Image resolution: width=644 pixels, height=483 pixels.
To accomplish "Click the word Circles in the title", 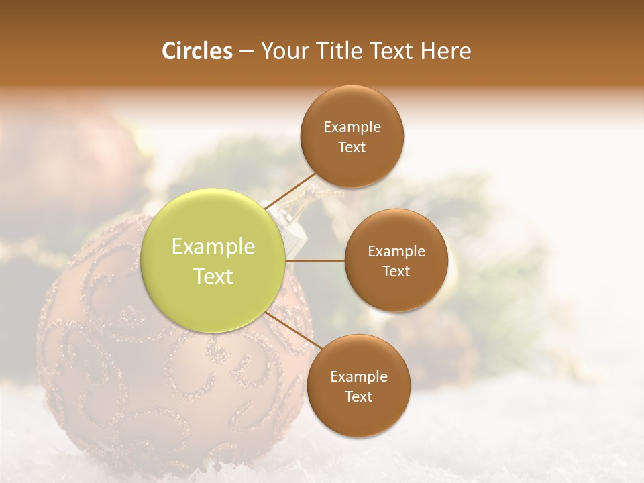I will [x=197, y=51].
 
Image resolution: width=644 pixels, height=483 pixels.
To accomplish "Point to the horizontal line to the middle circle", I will [x=315, y=260].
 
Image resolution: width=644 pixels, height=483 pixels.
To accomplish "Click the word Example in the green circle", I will [x=213, y=247].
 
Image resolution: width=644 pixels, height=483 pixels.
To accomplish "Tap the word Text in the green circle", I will [x=213, y=276].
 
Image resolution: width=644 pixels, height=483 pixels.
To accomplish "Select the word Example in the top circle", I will [x=352, y=127].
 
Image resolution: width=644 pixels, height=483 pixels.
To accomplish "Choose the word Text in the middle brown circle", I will [x=396, y=271].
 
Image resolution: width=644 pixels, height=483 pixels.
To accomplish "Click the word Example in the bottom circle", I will [x=359, y=377].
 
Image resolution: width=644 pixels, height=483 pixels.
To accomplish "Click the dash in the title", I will [x=246, y=51].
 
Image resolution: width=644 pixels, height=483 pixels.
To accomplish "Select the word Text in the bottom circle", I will [x=359, y=397].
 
